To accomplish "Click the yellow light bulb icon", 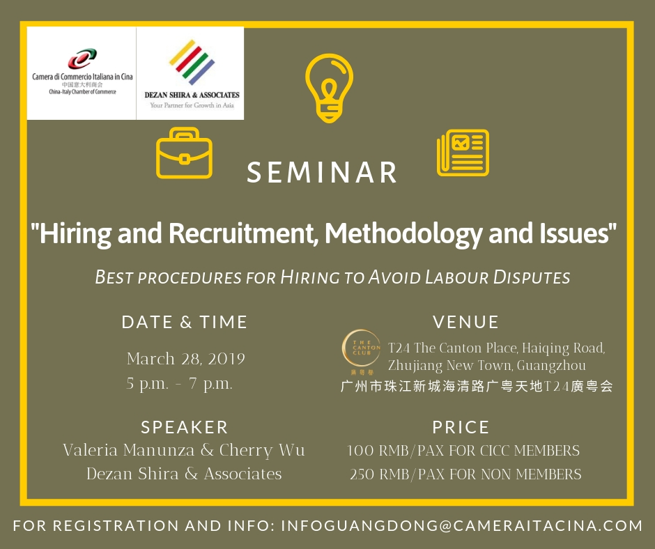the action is tap(329, 88).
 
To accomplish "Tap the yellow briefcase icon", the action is tap(184, 153).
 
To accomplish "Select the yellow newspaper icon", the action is tap(463, 153).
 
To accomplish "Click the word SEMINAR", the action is tap(322, 173).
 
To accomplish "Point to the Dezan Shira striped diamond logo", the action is tap(192, 62).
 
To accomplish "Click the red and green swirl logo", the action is tap(82, 59).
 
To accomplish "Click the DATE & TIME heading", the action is tap(185, 322).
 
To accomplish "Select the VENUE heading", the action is tap(465, 322).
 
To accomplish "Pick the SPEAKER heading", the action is tap(185, 427).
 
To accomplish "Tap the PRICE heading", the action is tap(461, 427).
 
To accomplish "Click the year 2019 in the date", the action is tap(226, 359).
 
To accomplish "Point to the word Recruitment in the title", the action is tap(242, 233).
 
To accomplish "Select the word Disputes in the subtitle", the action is tap(532, 277).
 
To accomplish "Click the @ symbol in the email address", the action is tap(446, 526).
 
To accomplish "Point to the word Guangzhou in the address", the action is tap(551, 366).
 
